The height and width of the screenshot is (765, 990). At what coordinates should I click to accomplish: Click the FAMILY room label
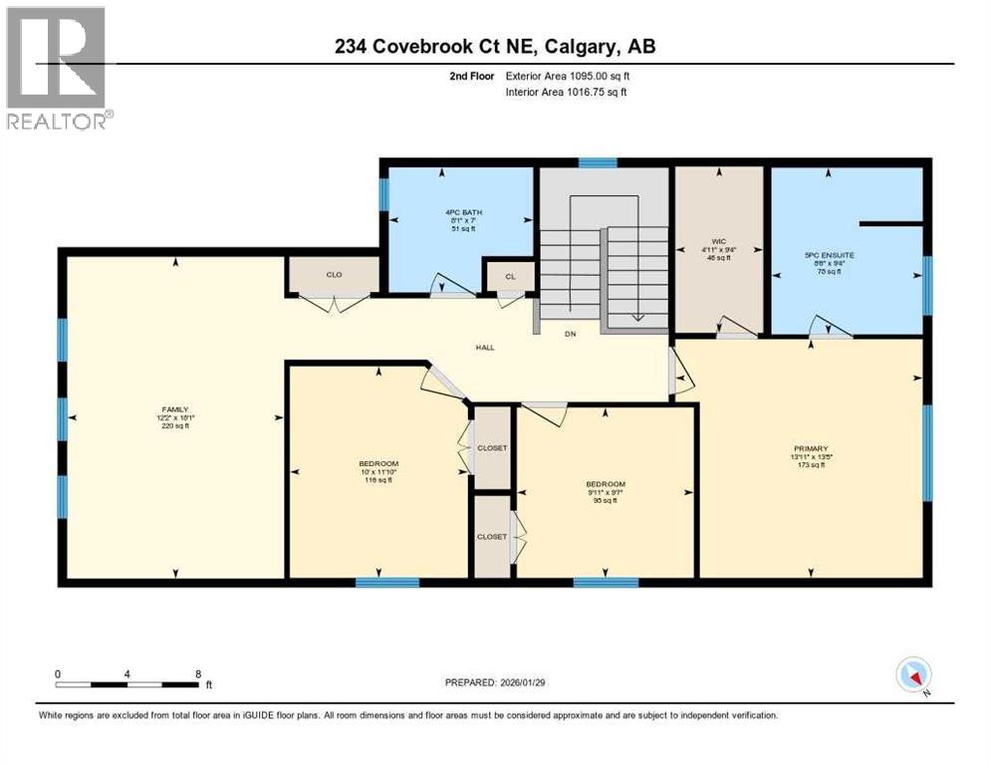(175, 408)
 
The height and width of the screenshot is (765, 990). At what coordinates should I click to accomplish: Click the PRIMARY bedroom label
(813, 448)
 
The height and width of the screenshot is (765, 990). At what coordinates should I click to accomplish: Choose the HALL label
(485, 347)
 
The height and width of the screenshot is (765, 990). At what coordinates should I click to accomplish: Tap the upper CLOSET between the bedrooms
(491, 448)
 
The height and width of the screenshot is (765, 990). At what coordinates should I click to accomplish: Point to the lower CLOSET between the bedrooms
(491, 536)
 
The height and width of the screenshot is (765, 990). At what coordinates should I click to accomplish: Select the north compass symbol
(912, 675)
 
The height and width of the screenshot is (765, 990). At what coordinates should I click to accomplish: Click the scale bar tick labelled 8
(198, 673)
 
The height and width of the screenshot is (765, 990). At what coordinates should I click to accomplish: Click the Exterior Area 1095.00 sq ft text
(567, 75)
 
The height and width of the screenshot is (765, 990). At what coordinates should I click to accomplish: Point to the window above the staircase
(598, 162)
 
